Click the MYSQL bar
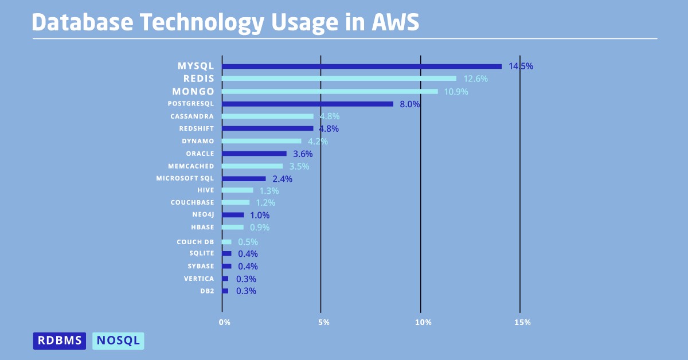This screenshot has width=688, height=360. coord(361,66)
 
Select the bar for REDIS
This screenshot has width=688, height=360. coord(339,79)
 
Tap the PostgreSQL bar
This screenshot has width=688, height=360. coord(307,104)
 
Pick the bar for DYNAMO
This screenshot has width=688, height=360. coord(261,141)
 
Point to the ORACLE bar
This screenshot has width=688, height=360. coord(254,154)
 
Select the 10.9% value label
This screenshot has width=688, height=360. coord(456,92)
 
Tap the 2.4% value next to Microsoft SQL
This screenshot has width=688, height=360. coord(282,179)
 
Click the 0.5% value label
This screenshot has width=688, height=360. coord(248,242)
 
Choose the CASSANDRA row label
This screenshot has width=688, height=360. coord(192,116)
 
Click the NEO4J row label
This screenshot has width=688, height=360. coord(203,215)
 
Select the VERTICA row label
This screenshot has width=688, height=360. coord(199,279)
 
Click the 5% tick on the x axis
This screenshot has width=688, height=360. coord(323,323)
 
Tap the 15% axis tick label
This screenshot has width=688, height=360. coord(522,323)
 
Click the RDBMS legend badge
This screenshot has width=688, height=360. coord(60,341)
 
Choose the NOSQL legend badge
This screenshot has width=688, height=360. coord(118,341)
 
